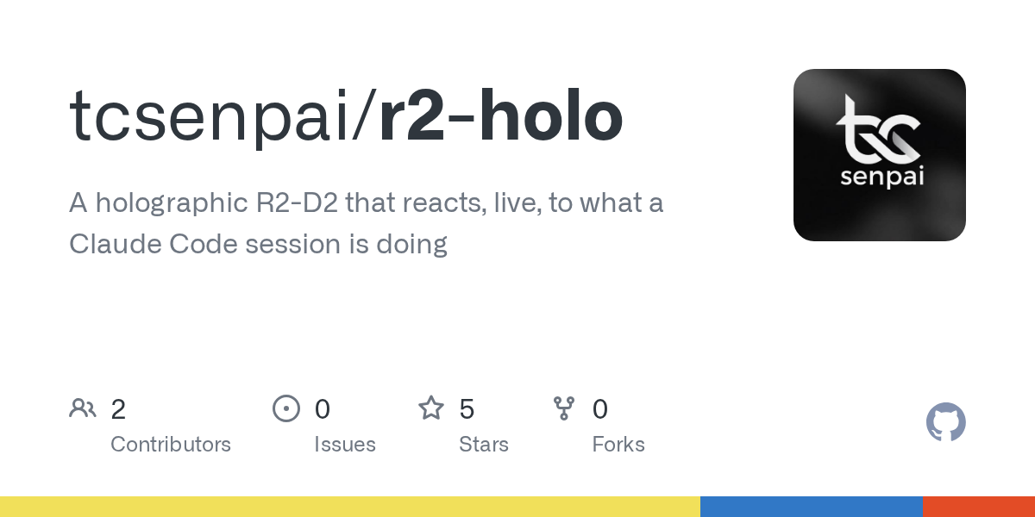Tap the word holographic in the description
(x=172, y=203)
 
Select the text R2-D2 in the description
(x=297, y=202)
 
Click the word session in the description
(x=293, y=244)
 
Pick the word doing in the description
(x=411, y=245)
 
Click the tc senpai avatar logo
(x=879, y=154)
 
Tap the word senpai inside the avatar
(x=881, y=178)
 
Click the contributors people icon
(x=83, y=408)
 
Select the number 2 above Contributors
(x=118, y=409)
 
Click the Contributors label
(x=171, y=445)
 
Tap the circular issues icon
(x=286, y=408)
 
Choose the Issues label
(x=345, y=445)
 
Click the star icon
(x=431, y=408)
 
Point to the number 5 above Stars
(x=467, y=409)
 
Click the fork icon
(x=564, y=408)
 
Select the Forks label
(x=618, y=445)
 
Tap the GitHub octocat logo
(x=946, y=422)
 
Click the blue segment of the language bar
(x=812, y=507)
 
